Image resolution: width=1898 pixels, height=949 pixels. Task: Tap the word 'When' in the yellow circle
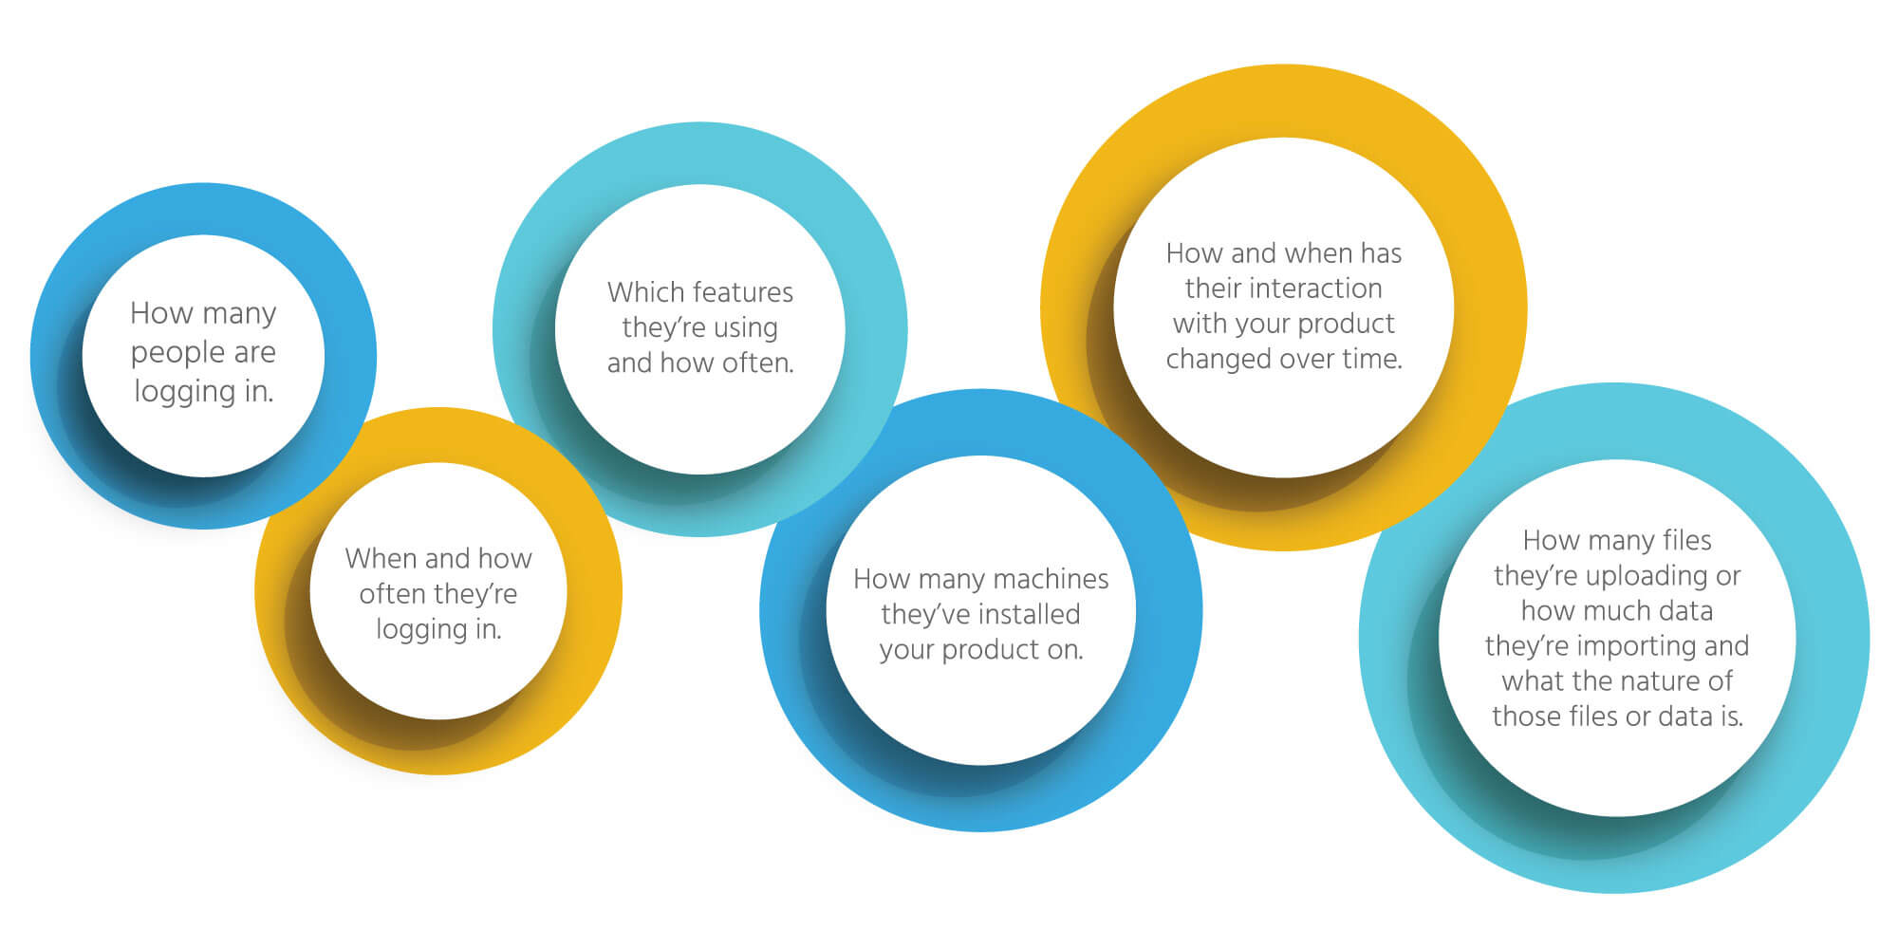(x=377, y=558)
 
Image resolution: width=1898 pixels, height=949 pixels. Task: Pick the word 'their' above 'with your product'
(x=1208, y=288)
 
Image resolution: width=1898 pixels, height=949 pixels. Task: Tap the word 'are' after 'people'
(x=254, y=353)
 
